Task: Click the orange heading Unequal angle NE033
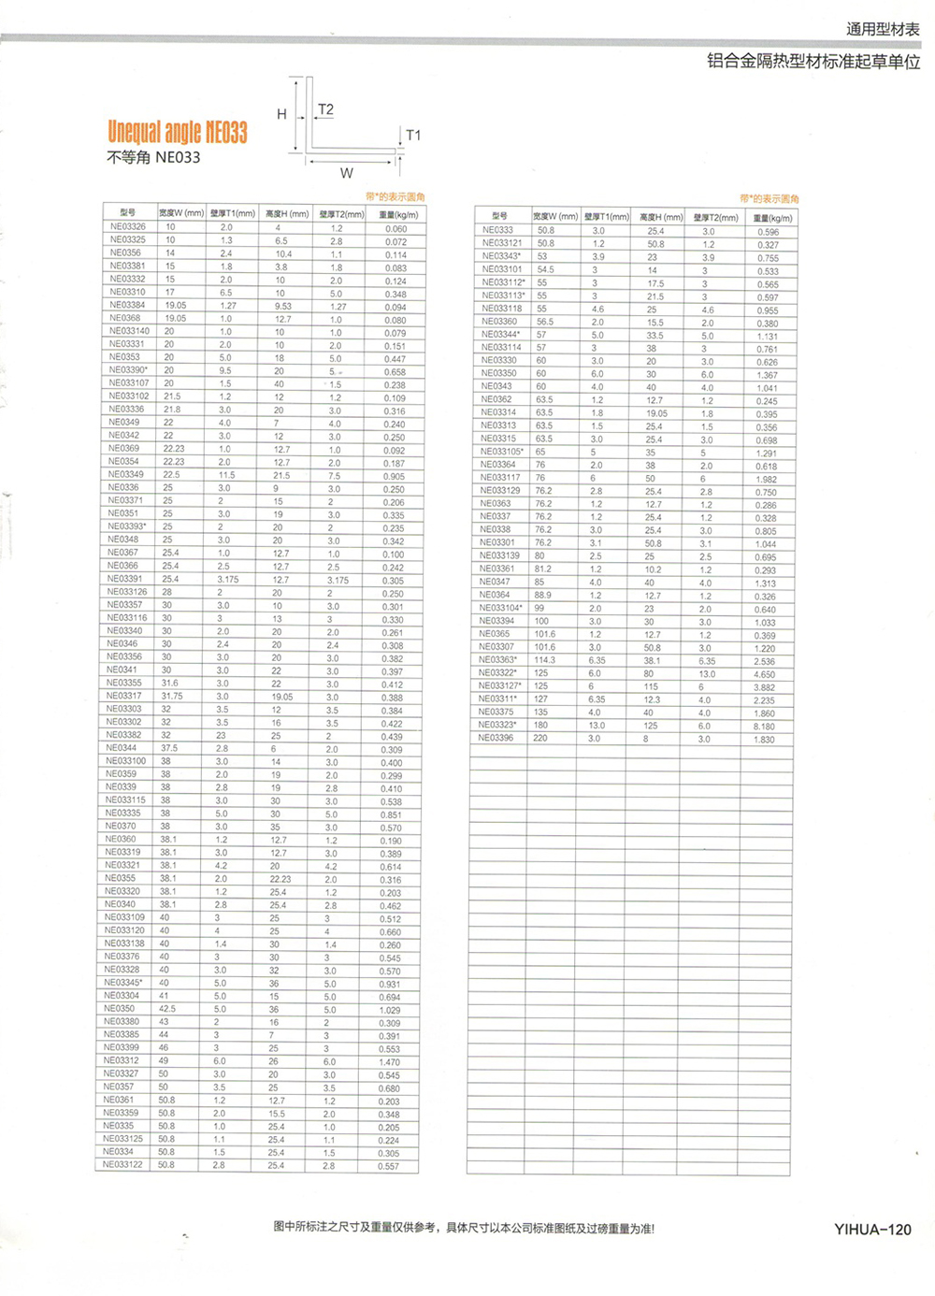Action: [178, 132]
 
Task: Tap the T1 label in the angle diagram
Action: [413, 135]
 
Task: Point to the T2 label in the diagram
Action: [325, 109]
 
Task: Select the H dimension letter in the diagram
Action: [281, 114]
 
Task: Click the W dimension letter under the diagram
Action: [346, 173]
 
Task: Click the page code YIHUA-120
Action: [872, 1230]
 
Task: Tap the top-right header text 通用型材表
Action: [883, 29]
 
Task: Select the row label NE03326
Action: [128, 227]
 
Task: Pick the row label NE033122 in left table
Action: [123, 1165]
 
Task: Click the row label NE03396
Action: [496, 739]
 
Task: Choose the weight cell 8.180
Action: [764, 727]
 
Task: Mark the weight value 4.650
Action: [764, 674]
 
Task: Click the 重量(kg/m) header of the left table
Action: [398, 214]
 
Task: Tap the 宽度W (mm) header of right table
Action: [555, 217]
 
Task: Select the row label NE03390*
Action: [128, 370]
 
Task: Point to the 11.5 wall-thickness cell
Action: [226, 475]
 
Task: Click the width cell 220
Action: [540, 739]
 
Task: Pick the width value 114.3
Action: [544, 660]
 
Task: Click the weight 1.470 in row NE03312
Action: [389, 1062]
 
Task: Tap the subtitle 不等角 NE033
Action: [153, 157]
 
